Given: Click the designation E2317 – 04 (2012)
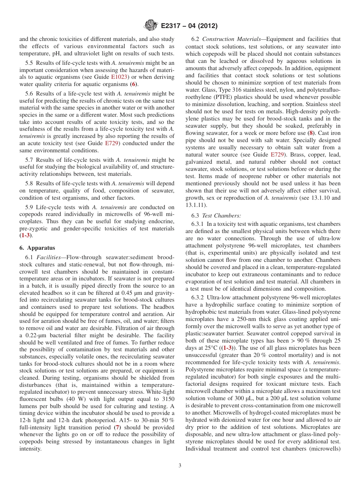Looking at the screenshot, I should pyautogui.click(x=189, y=26).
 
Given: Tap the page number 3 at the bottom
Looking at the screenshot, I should pyautogui.click(x=180, y=466).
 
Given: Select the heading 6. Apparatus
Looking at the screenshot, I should pyautogui.click(x=37, y=248).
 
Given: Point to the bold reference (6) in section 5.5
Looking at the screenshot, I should pyautogui.click(x=134, y=84).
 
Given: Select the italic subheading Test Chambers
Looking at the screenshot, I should pyautogui.click(x=222, y=216).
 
